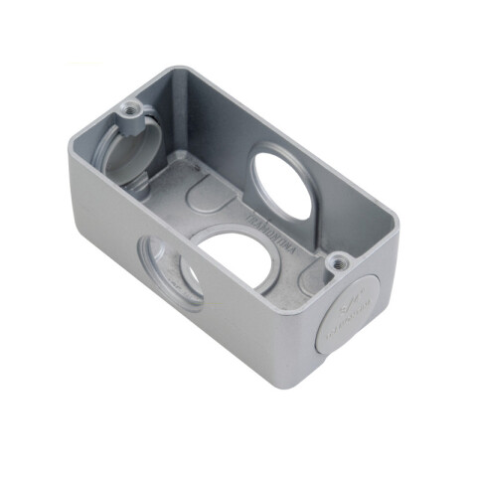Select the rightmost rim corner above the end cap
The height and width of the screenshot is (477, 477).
[x=400, y=245]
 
